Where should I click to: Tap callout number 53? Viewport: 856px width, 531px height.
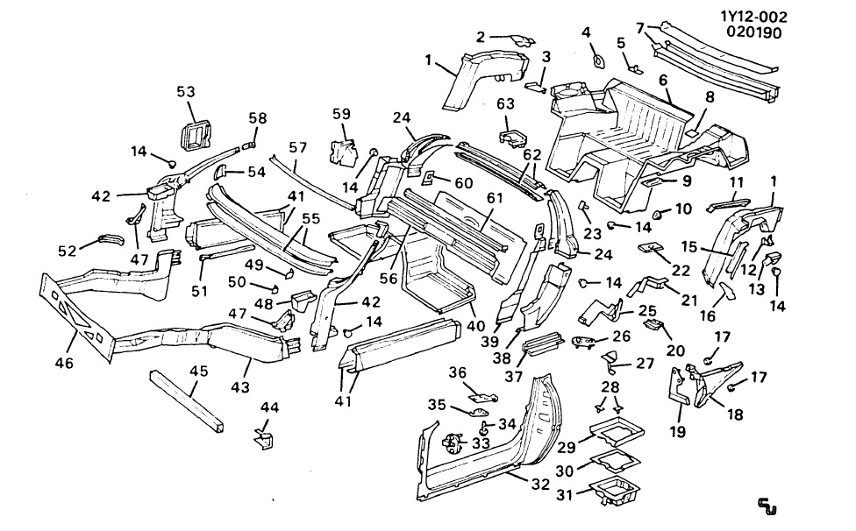[x=186, y=92]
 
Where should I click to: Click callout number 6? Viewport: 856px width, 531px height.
[x=664, y=80]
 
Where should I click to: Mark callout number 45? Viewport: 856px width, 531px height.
[x=199, y=372]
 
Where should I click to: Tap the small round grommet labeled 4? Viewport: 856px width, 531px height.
[x=597, y=60]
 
